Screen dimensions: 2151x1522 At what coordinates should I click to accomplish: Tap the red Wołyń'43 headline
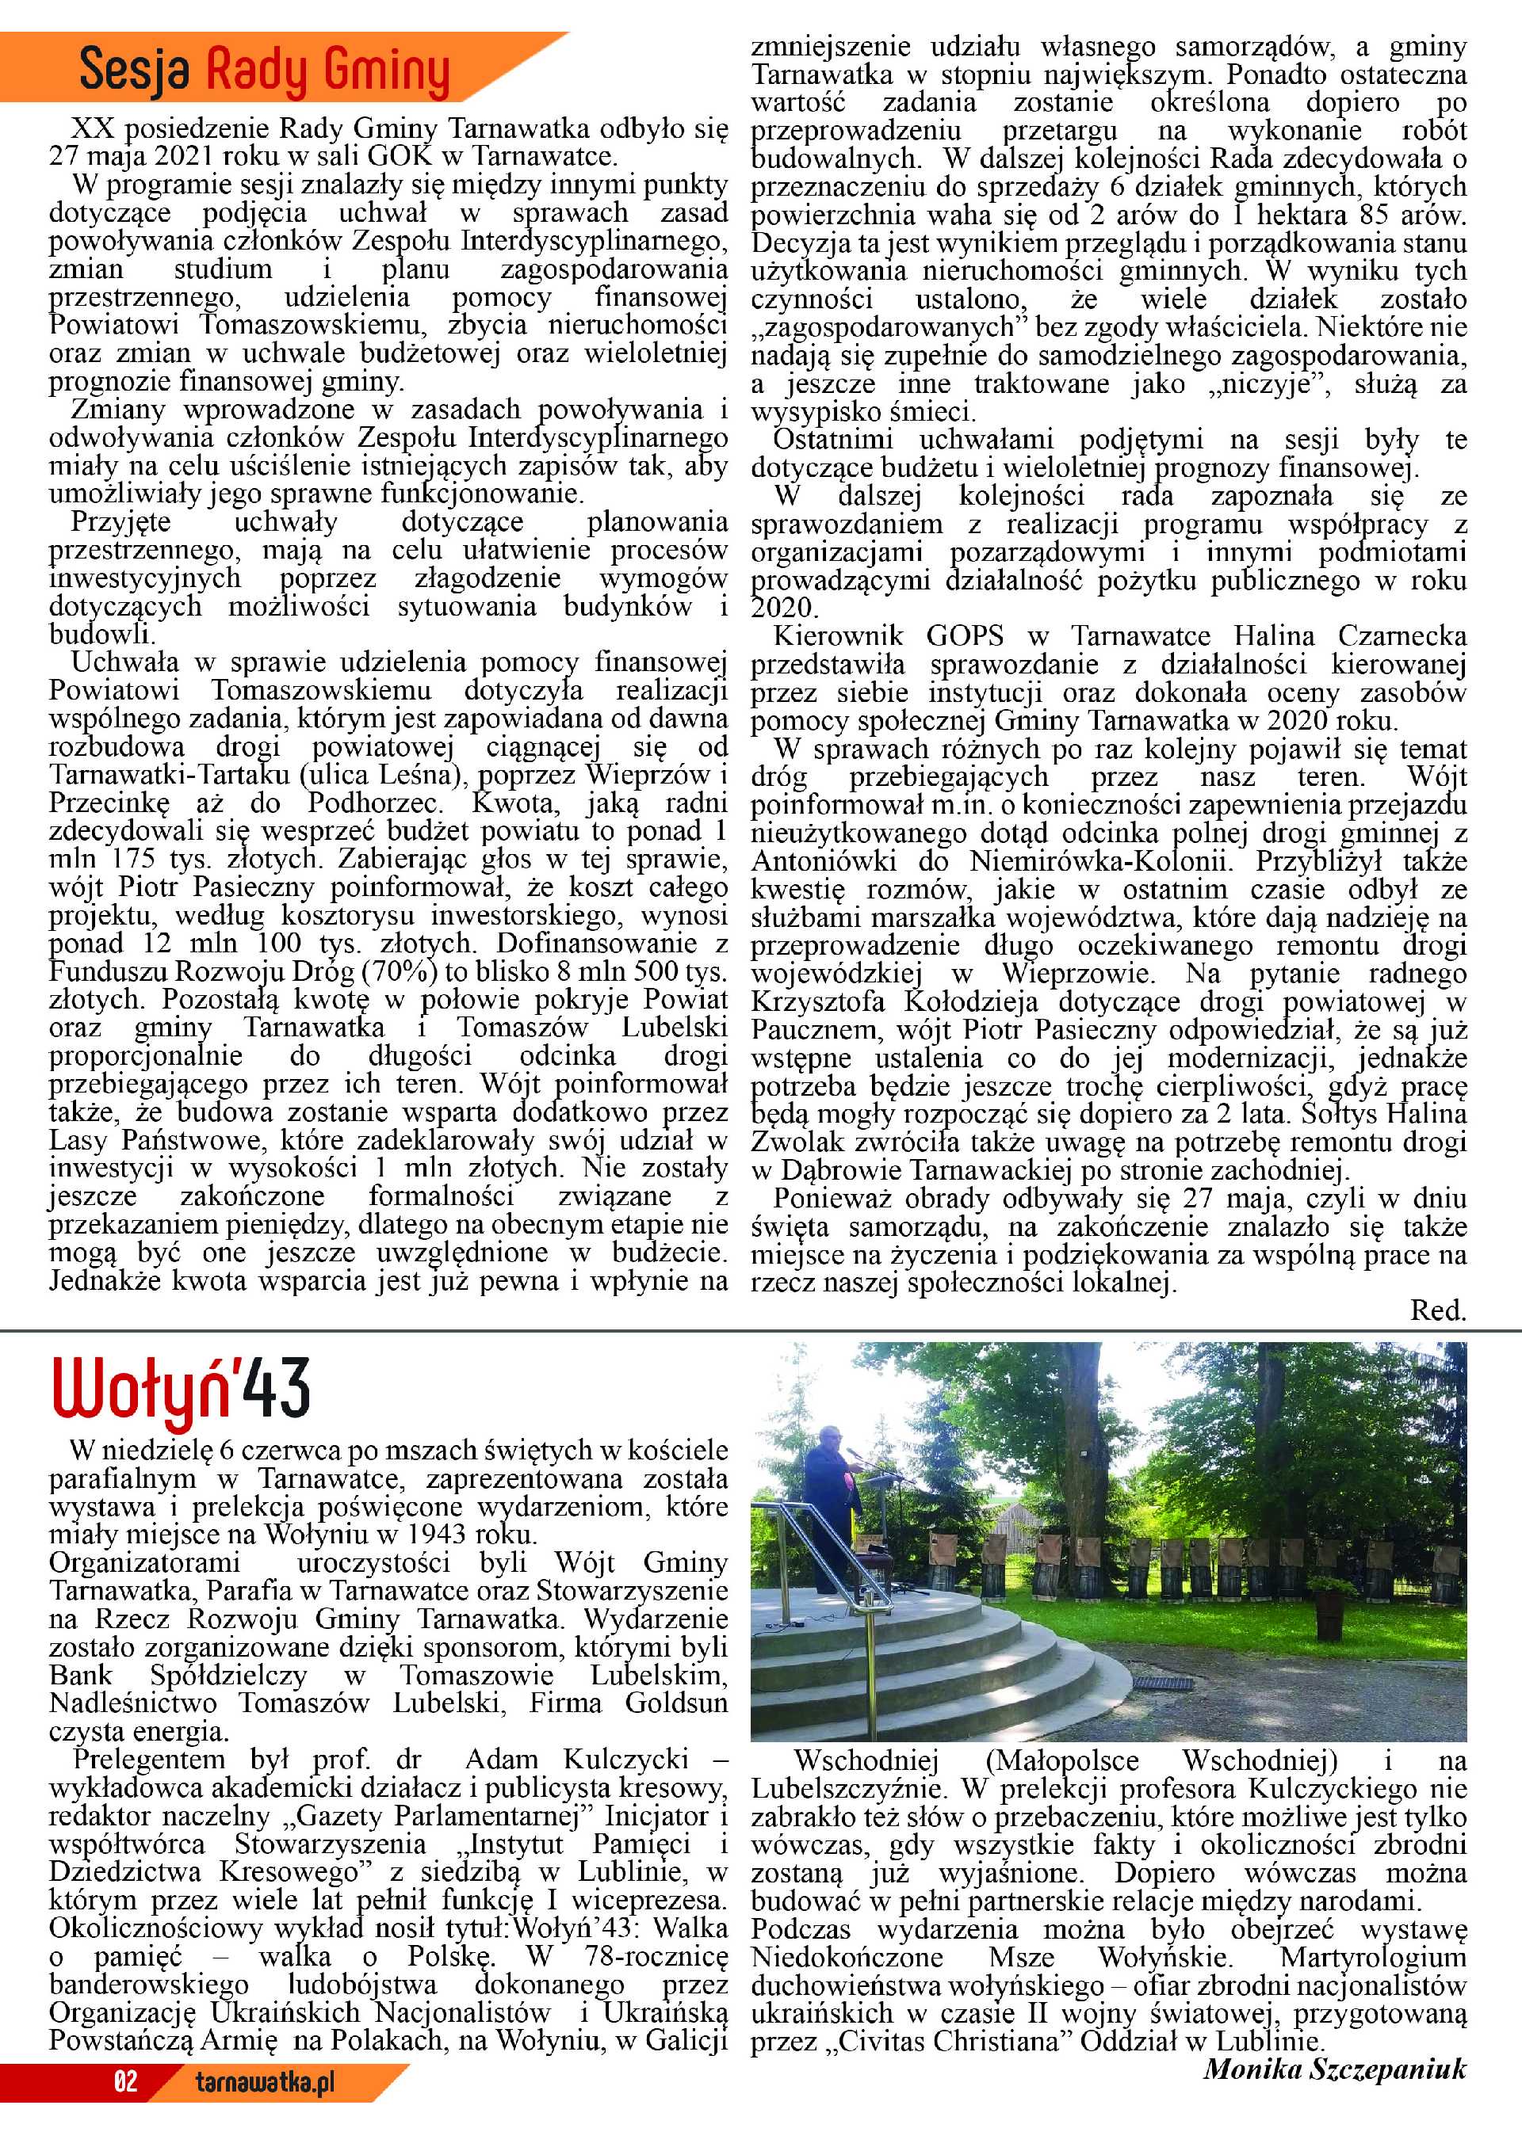[x=180, y=1390]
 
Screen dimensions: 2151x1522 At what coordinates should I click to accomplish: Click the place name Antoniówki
[x=824, y=861]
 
